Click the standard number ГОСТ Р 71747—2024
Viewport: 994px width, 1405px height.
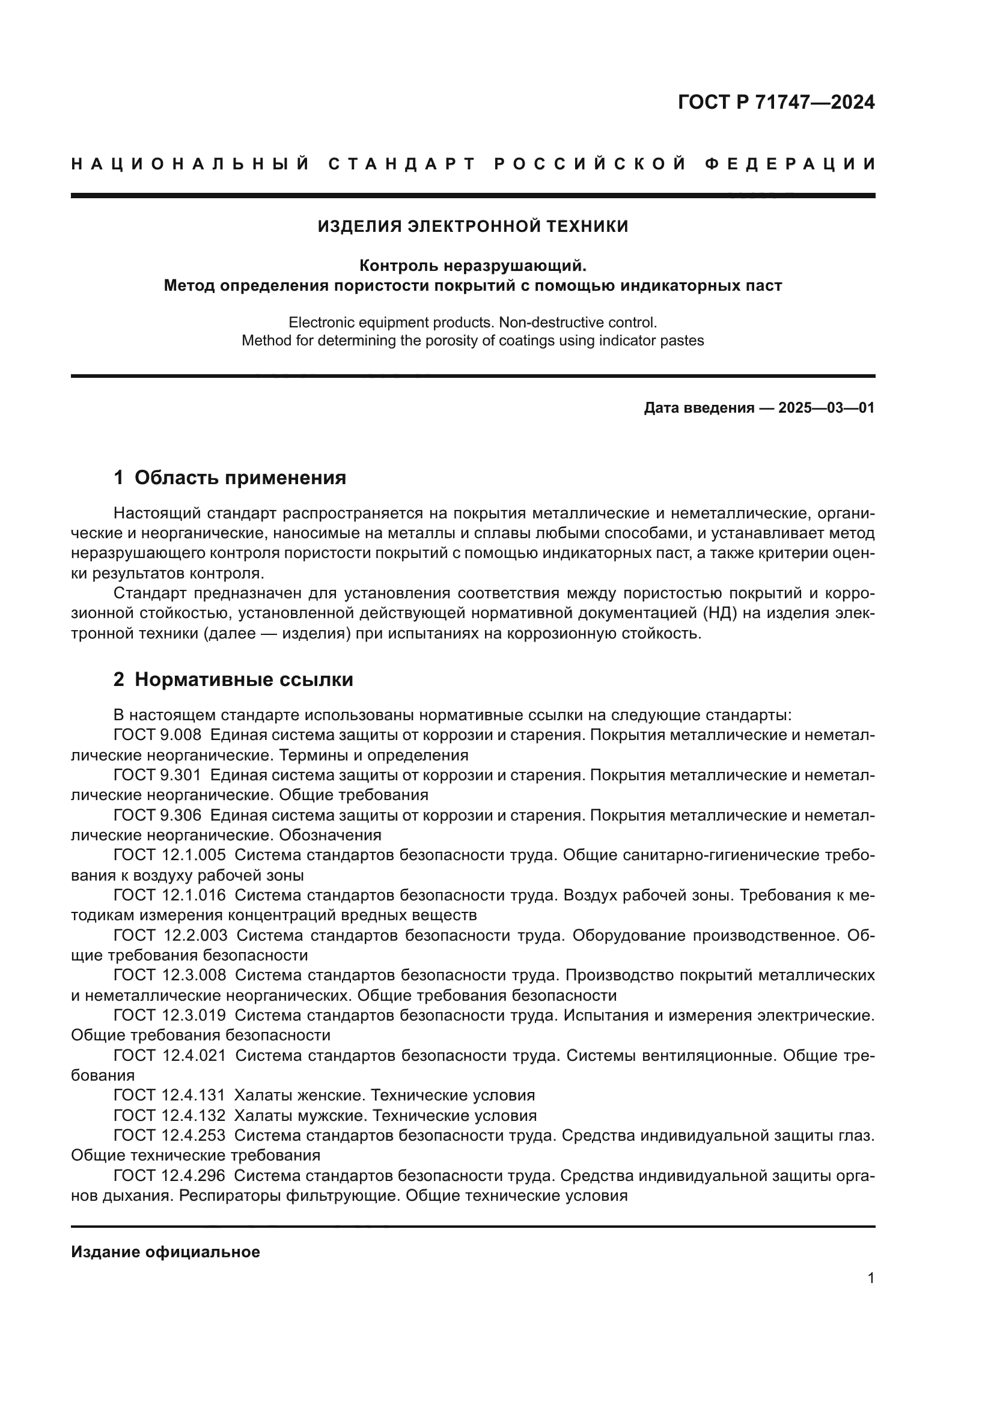[776, 102]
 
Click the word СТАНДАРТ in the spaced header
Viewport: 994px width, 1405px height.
[401, 164]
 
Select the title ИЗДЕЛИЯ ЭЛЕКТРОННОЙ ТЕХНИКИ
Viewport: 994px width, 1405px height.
[472, 226]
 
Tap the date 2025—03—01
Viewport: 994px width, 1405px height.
[826, 408]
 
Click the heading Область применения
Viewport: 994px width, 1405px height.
[240, 478]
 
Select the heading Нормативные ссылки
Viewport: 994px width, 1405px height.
[243, 679]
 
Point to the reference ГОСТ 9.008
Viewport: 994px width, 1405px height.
[157, 735]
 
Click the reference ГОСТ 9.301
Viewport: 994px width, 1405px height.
[157, 775]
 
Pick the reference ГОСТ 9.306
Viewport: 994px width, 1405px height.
[157, 815]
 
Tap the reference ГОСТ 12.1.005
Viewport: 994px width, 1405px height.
[169, 855]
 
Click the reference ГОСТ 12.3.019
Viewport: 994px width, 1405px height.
[169, 1015]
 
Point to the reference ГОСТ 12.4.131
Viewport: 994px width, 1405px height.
[169, 1095]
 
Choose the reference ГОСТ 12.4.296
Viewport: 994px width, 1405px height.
[169, 1175]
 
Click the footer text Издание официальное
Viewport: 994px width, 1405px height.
[165, 1252]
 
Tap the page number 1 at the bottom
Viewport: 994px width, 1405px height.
[870, 1278]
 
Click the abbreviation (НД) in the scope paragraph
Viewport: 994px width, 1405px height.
[721, 613]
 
